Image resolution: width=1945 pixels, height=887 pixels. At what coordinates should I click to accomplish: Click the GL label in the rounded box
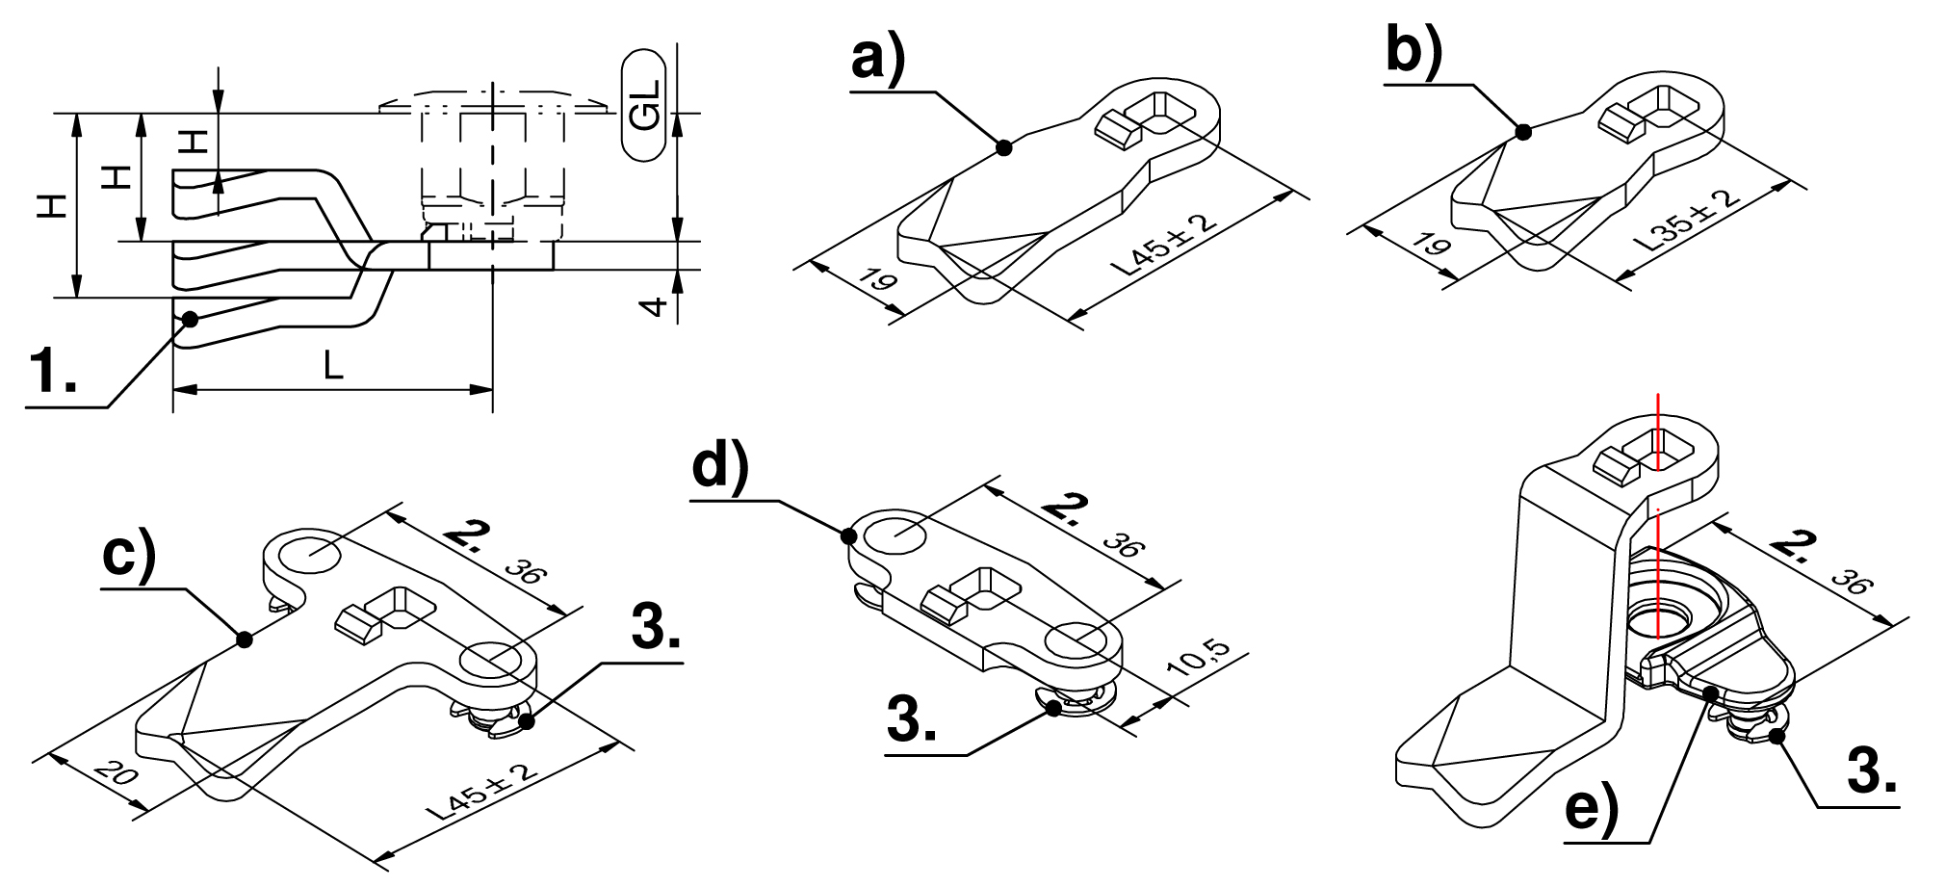tap(645, 104)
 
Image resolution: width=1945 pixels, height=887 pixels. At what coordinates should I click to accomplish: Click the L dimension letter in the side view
tap(333, 366)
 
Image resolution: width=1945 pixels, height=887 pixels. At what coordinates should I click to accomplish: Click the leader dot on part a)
tap(1003, 147)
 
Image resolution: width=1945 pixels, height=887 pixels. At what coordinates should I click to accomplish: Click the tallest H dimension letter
tap(54, 206)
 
